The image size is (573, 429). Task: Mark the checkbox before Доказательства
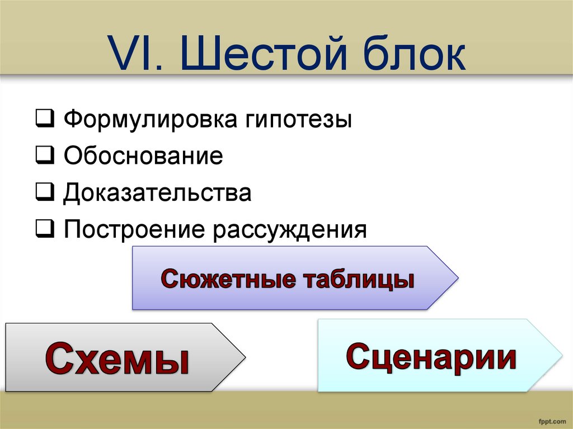click(45, 192)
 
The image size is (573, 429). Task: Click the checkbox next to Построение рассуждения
click(45, 229)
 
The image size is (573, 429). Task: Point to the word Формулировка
click(151, 119)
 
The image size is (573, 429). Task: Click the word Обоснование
click(143, 155)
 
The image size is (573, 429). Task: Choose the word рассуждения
click(290, 231)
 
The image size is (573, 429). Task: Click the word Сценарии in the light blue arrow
click(431, 357)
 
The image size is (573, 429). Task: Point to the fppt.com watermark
click(552, 421)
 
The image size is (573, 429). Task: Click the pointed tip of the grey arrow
click(245, 357)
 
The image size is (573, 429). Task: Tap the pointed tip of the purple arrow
click(458, 278)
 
